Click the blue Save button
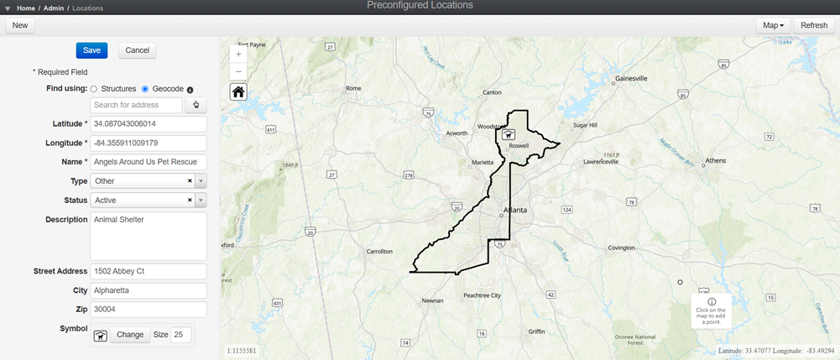click(91, 50)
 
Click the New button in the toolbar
click(19, 25)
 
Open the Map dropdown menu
click(773, 25)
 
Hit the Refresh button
click(813, 25)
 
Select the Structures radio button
click(94, 89)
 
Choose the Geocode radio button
click(145, 89)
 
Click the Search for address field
click(136, 105)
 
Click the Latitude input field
click(148, 124)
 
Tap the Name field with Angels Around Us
click(148, 161)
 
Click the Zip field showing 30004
click(148, 309)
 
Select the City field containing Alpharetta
click(148, 290)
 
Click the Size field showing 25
click(180, 335)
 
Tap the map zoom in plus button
click(238, 53)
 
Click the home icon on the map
click(238, 91)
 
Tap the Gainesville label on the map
click(631, 78)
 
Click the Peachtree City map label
click(483, 295)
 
